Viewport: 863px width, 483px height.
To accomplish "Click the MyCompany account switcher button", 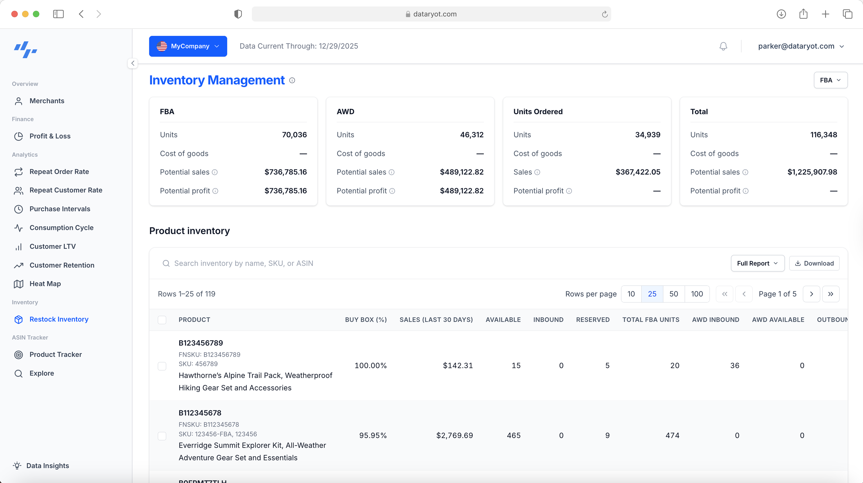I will [188, 46].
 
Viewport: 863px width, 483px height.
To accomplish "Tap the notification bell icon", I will [723, 46].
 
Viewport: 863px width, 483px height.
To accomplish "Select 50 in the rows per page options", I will [673, 294].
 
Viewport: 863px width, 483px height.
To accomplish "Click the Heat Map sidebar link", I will [45, 284].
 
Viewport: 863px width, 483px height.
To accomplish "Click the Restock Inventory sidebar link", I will [59, 319].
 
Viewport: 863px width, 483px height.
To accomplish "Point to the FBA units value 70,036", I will [294, 135].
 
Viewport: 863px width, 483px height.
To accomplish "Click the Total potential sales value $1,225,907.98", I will [812, 172].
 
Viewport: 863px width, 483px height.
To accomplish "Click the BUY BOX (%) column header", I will [366, 320].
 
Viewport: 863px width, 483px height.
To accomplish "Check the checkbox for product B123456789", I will [162, 366].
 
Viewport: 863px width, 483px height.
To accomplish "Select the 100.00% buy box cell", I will [370, 365].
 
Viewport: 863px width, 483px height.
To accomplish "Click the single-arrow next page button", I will [811, 294].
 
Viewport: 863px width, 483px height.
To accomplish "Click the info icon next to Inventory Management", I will [292, 80].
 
